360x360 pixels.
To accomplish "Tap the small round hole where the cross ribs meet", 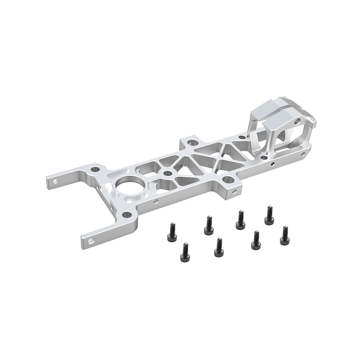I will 166,173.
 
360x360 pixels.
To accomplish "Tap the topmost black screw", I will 268,215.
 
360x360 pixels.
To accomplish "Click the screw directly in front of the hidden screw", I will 218,247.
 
